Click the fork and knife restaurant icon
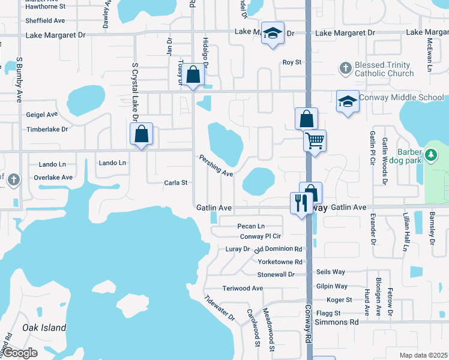[301, 202]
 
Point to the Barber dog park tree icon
[430, 155]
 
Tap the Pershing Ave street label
[216, 165]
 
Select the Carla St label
[176, 182]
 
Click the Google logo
[20, 353]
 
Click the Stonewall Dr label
[276, 274]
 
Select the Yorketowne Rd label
[279, 262]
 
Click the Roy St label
[292, 62]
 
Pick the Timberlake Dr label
[47, 129]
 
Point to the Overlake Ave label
[53, 178]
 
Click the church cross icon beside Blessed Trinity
[345, 68]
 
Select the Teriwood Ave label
[243, 288]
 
